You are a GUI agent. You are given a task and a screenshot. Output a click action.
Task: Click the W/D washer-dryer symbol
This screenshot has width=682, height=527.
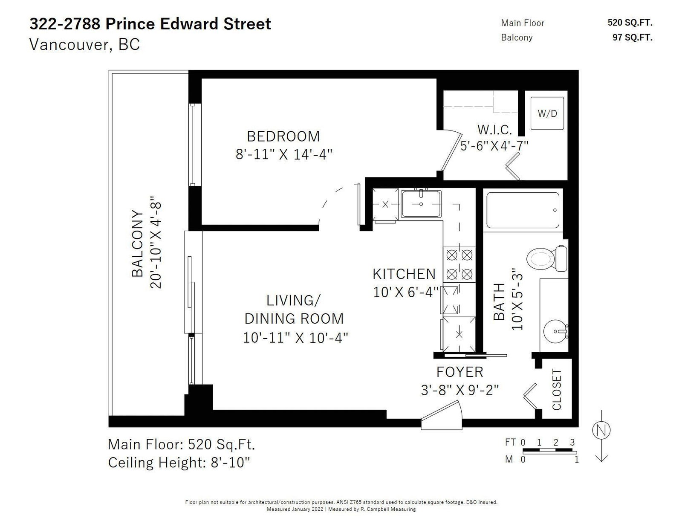click(547, 113)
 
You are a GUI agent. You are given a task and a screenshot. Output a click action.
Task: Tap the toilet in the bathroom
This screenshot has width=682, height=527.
click(547, 258)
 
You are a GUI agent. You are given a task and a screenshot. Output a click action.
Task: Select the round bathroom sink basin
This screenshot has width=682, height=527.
click(555, 332)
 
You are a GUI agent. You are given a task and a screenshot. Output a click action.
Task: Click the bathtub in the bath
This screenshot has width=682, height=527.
click(523, 210)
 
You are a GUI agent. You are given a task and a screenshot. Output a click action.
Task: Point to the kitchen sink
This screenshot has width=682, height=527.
click(421, 204)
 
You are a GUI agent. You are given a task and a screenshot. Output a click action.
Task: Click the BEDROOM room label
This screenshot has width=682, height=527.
click(283, 136)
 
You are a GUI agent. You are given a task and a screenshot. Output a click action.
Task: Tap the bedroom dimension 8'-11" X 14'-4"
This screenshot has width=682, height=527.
click(284, 154)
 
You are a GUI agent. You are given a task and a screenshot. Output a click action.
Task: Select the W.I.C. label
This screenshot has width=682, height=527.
click(494, 130)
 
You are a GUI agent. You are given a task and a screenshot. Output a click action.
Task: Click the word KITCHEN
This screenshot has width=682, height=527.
click(404, 274)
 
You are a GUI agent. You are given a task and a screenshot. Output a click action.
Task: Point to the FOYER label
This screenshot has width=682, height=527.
click(459, 372)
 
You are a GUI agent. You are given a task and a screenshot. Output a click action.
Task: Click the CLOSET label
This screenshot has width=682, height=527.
click(556, 390)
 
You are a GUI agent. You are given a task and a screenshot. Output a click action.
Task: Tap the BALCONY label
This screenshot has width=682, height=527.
click(137, 243)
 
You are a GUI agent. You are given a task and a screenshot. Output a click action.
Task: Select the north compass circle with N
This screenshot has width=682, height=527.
click(601, 430)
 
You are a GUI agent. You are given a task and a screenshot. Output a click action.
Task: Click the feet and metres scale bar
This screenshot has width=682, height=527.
click(549, 451)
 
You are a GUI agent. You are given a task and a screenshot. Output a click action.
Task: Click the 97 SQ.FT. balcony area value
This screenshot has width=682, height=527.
click(632, 38)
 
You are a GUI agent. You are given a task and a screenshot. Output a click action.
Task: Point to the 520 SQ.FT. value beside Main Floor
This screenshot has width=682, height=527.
click(630, 23)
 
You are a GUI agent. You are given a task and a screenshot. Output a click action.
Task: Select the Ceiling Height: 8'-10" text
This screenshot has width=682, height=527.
click(179, 463)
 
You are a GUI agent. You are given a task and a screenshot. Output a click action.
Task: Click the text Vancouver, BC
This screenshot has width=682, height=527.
click(84, 44)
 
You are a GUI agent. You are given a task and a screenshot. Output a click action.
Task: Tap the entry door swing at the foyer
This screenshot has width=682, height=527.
click(442, 414)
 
